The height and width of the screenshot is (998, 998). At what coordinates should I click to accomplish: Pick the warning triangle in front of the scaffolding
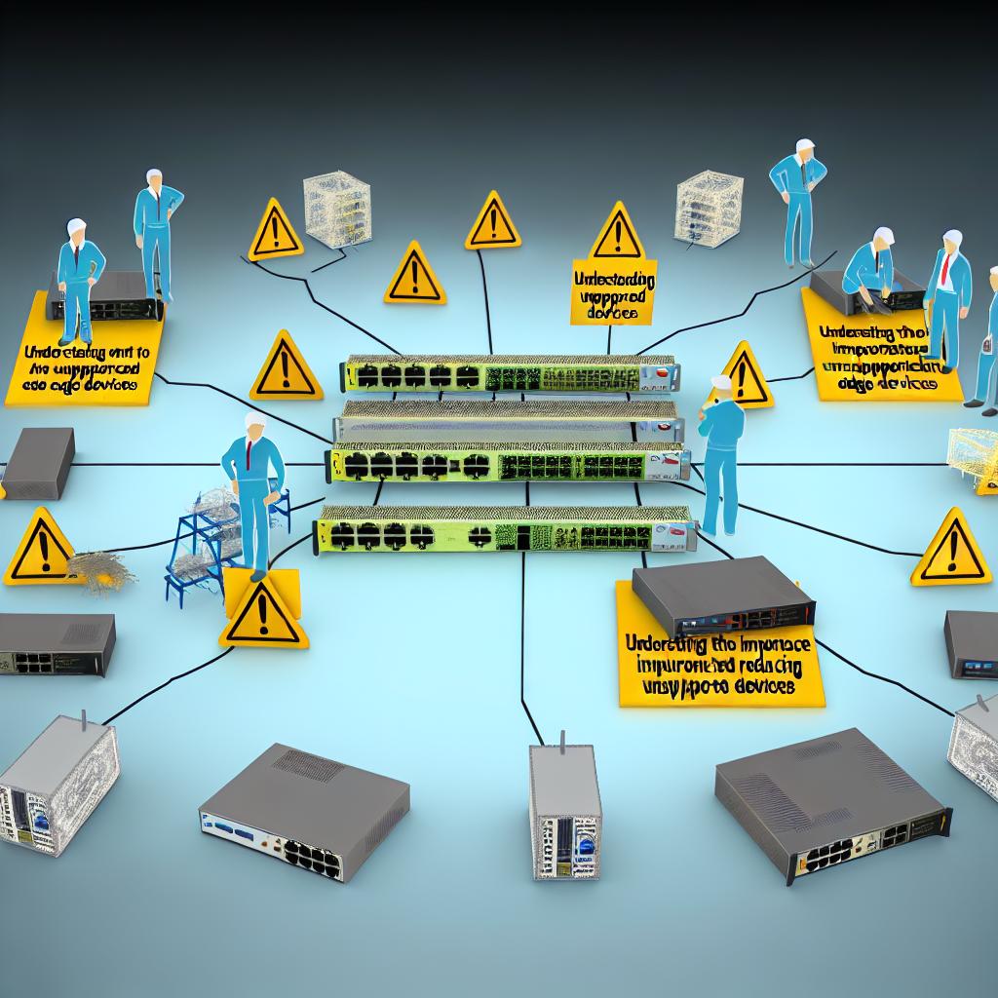(263, 614)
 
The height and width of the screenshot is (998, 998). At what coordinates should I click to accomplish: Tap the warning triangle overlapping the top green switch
(285, 368)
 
